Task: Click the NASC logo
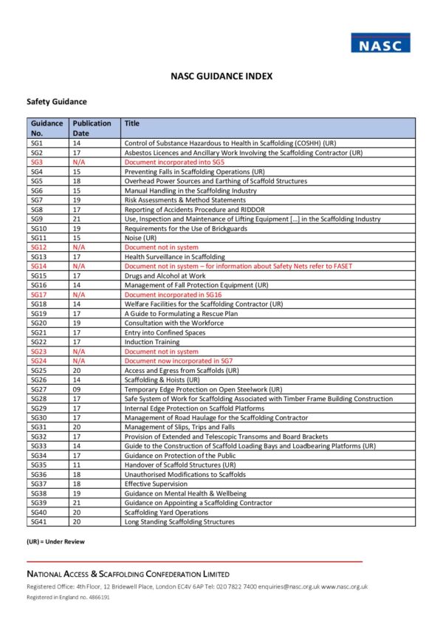380,43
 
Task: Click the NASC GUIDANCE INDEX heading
221,76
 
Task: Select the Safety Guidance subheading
57,102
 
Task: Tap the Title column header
132,123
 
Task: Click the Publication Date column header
92,128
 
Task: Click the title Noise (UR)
140,238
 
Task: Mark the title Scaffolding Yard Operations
166,513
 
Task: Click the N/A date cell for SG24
79,360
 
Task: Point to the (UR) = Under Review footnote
55,542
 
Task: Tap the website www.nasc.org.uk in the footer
345,586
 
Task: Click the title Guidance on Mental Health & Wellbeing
185,493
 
